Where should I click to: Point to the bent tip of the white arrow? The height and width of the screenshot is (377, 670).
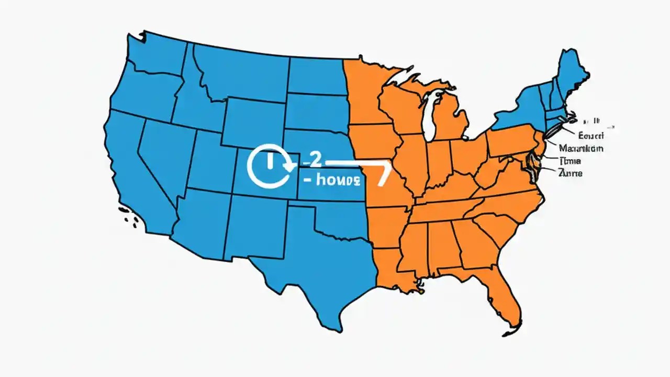[385, 175]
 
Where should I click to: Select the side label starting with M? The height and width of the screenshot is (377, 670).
[580, 148]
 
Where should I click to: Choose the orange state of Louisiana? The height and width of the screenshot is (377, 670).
[390, 267]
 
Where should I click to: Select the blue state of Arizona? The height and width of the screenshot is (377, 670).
[199, 220]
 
